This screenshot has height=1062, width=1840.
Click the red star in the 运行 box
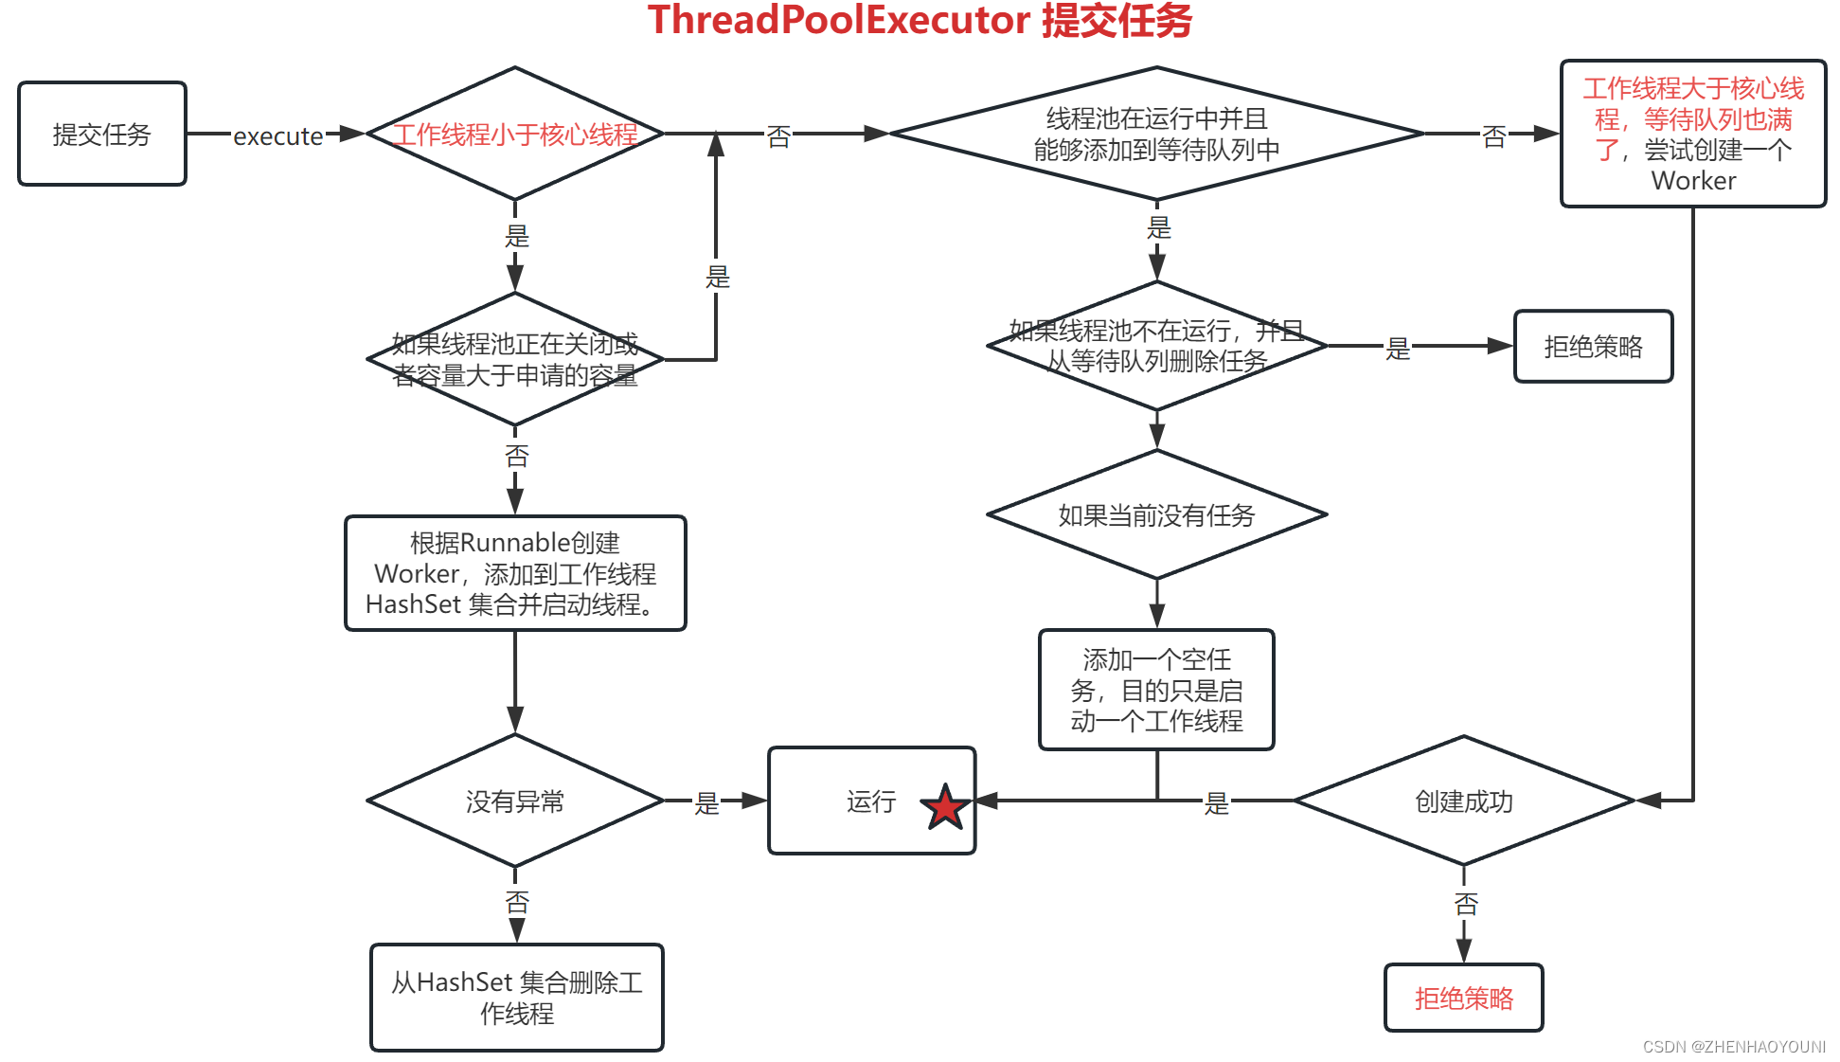pyautogui.click(x=945, y=807)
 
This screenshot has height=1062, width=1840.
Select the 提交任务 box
pyautogui.click(x=102, y=134)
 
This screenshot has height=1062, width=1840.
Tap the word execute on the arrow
pyautogui.click(x=277, y=136)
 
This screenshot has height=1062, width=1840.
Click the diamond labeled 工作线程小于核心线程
pyautogui.click(x=514, y=134)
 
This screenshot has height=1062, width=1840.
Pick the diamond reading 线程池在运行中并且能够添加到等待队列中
pyautogui.click(x=1155, y=134)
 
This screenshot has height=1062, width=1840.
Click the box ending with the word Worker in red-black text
pyautogui.click(x=1692, y=134)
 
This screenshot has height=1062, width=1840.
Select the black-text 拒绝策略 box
pyautogui.click(x=1593, y=347)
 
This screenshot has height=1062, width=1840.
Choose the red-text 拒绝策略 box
pyautogui.click(x=1463, y=998)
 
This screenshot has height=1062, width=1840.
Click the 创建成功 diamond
pyautogui.click(x=1463, y=801)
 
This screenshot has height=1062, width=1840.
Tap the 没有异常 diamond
pyautogui.click(x=514, y=801)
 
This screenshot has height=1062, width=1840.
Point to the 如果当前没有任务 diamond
pyautogui.click(x=1155, y=514)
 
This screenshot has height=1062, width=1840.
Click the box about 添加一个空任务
pyautogui.click(x=1155, y=690)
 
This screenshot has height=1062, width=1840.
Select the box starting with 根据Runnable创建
pyautogui.click(x=514, y=573)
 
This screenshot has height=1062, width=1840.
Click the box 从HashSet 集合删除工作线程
pyautogui.click(x=516, y=998)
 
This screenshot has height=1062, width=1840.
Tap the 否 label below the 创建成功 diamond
pyautogui.click(x=1465, y=904)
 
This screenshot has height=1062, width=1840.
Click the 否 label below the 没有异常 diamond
pyautogui.click(x=516, y=902)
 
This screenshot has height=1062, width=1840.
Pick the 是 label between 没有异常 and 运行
pyautogui.click(x=706, y=803)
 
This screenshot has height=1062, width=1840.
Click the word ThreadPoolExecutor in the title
pyautogui.click(x=839, y=21)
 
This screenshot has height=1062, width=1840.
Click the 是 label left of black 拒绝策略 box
pyautogui.click(x=1398, y=349)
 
